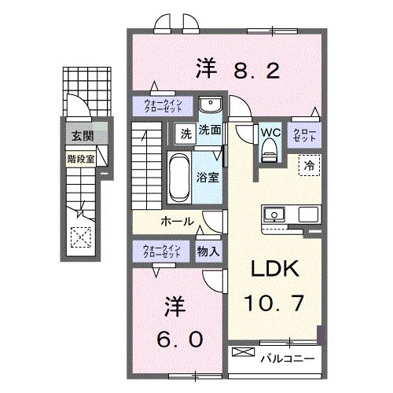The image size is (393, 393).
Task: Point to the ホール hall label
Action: (178, 222)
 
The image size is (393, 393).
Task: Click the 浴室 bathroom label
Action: (208, 177)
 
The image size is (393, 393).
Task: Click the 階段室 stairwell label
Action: (79, 156)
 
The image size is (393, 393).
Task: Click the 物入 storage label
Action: (208, 252)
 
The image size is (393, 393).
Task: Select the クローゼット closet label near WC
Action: (305, 134)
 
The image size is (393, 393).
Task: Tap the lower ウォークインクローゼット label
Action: (162, 252)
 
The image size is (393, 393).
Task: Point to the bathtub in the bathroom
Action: (178, 178)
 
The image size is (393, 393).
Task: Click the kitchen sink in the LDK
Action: (275, 214)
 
